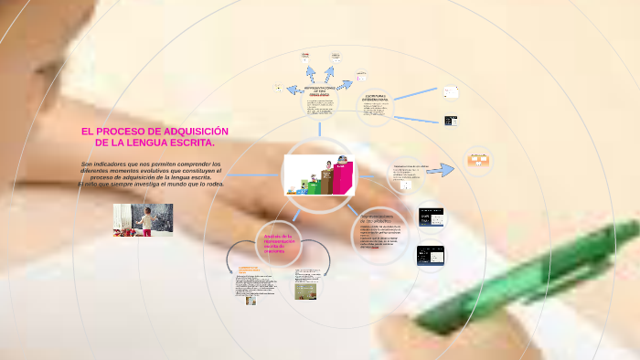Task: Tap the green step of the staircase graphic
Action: coord(314,185)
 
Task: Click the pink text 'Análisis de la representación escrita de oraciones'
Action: coord(277,243)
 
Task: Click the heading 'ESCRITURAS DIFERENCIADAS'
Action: coord(380,97)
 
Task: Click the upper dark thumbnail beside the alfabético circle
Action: coord(432,217)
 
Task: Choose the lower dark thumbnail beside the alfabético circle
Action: coord(431,255)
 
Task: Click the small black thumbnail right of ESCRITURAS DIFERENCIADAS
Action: coord(450,121)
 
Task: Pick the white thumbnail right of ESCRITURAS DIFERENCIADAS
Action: coord(450,92)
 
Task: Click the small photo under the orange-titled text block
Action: coord(251,299)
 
